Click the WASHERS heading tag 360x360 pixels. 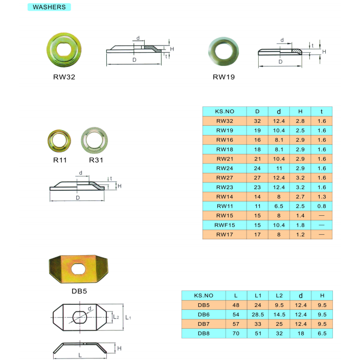pyautogui.click(x=49, y=7)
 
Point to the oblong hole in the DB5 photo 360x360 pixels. pyautogui.click(x=79, y=269)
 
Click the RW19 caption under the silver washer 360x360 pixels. pyautogui.click(x=224, y=77)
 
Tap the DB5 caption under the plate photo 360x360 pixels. pyautogui.click(x=79, y=291)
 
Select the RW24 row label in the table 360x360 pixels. pyautogui.click(x=224, y=168)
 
